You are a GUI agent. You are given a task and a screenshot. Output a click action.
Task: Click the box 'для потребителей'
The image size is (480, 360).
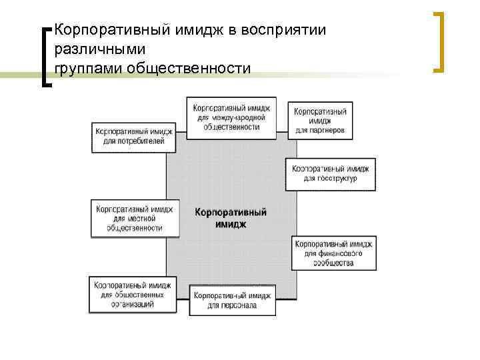tap(133, 137)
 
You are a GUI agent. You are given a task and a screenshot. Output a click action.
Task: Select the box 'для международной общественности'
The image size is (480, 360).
tap(230, 117)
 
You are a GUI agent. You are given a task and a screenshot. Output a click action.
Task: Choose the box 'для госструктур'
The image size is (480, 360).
tap(330, 174)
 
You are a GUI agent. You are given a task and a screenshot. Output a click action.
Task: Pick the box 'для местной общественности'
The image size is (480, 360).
tap(134, 218)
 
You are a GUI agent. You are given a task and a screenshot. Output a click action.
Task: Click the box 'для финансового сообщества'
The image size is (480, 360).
tap(333, 253)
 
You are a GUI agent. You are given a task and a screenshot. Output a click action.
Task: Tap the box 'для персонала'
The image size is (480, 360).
tap(232, 300)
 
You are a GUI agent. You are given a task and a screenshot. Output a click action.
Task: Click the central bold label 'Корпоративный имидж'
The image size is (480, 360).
tap(231, 219)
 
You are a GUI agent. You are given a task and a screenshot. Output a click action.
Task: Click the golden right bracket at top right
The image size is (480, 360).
tap(439, 41)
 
